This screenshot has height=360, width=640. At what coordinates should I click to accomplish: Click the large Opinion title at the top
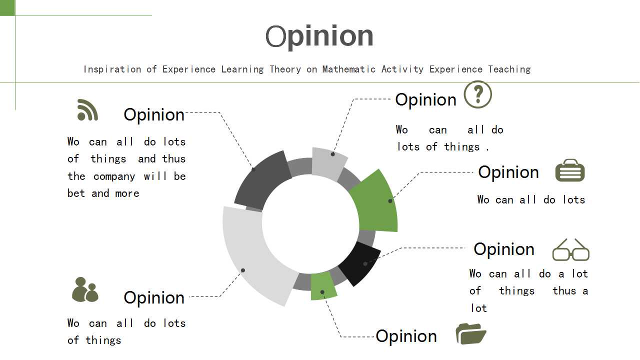click(319, 37)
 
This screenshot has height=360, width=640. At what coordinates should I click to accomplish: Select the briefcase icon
click(570, 170)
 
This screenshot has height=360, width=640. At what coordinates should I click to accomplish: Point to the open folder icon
click(471, 333)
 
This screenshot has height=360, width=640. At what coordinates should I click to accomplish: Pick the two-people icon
click(85, 289)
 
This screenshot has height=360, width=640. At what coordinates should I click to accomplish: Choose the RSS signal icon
click(87, 110)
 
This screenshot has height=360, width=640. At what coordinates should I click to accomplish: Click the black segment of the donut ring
click(360, 263)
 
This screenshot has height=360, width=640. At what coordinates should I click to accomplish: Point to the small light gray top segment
click(328, 163)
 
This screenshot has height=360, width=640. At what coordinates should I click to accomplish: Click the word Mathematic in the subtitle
click(349, 69)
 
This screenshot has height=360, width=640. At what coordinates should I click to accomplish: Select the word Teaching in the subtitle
click(509, 69)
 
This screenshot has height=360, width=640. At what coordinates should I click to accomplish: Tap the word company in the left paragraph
click(114, 176)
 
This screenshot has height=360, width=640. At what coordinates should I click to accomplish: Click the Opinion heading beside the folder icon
click(406, 336)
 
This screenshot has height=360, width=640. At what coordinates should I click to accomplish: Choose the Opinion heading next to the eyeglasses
click(504, 249)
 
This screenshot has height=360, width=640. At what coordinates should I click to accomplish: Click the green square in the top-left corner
click(7, 7)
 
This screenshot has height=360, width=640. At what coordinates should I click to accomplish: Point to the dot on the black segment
click(365, 263)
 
